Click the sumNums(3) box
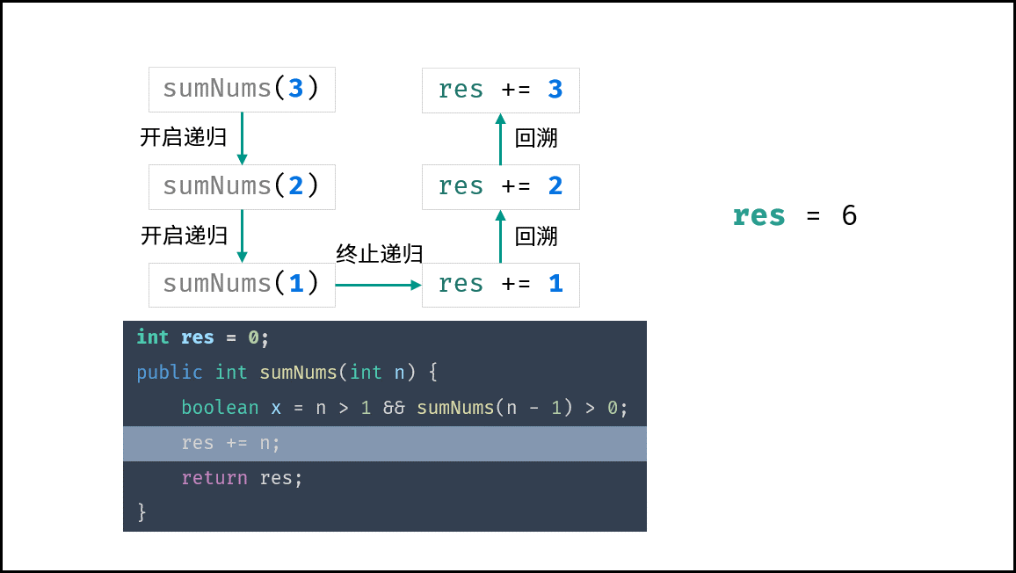(242, 90)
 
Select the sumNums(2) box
(242, 186)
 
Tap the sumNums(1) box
(242, 285)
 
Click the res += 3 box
(501, 91)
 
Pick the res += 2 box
(501, 186)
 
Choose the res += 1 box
(501, 285)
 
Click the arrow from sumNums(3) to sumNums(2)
(242, 138)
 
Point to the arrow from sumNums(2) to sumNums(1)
(242, 236)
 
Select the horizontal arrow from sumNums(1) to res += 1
(379, 285)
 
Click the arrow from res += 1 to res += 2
(500, 236)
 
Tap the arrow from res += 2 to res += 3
(500, 139)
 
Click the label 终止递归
(379, 253)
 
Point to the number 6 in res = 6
(850, 215)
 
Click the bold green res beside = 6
(758, 216)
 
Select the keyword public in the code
(170, 373)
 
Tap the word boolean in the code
(220, 407)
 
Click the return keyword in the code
(214, 478)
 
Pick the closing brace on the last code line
(142, 512)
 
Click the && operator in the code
(394, 407)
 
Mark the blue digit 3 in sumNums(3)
(295, 88)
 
